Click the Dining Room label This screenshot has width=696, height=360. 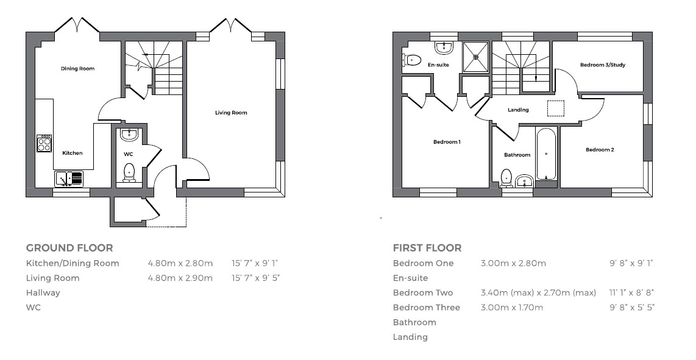[x=77, y=69]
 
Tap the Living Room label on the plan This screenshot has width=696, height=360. [x=231, y=113]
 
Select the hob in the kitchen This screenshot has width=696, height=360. [x=44, y=144]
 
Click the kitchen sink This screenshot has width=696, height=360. [x=68, y=178]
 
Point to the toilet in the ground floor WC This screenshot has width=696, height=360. [x=129, y=172]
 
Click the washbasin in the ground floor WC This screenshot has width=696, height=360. [x=129, y=135]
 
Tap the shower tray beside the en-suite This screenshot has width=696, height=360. [x=475, y=56]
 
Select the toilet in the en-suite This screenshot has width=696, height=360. [x=412, y=60]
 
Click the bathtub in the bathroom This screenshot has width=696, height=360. [x=546, y=154]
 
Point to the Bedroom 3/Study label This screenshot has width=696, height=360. [x=602, y=65]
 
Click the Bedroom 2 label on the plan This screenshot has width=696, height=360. [x=600, y=150]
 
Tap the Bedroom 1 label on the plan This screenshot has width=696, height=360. [x=447, y=142]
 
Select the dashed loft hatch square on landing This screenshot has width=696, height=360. [x=556, y=108]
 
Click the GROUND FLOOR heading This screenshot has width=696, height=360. [x=69, y=248]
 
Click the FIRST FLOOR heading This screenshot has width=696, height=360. [x=427, y=248]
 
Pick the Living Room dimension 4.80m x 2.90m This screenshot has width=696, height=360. [x=180, y=278]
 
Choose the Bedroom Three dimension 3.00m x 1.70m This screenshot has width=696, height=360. [x=511, y=308]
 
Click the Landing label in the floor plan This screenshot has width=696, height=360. [x=518, y=110]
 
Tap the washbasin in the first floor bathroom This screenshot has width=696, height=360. [x=524, y=180]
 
